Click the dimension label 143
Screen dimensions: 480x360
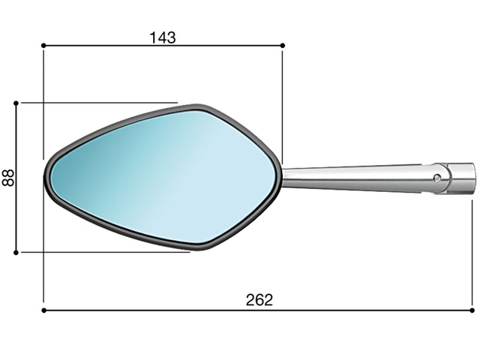163,37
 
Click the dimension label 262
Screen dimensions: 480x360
259,300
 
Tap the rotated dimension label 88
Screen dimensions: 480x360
8,178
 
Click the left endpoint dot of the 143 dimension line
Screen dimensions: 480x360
43,46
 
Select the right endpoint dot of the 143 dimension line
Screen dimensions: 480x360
283,46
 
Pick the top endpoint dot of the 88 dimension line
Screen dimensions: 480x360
16,103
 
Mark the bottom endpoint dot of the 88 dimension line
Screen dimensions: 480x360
16,253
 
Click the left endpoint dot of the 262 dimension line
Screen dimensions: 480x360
43,310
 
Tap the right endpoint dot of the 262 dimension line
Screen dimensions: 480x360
472,310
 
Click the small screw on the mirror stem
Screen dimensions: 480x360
438,178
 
